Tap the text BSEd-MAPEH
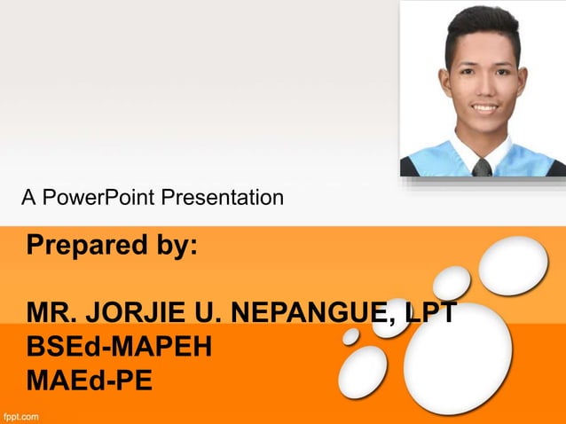click(x=119, y=347)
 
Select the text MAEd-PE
click(x=89, y=381)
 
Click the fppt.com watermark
click(x=21, y=415)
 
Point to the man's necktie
click(x=482, y=166)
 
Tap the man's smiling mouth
click(x=484, y=108)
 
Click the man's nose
click(x=483, y=86)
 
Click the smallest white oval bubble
click(x=351, y=336)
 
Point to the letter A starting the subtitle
click(x=28, y=198)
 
